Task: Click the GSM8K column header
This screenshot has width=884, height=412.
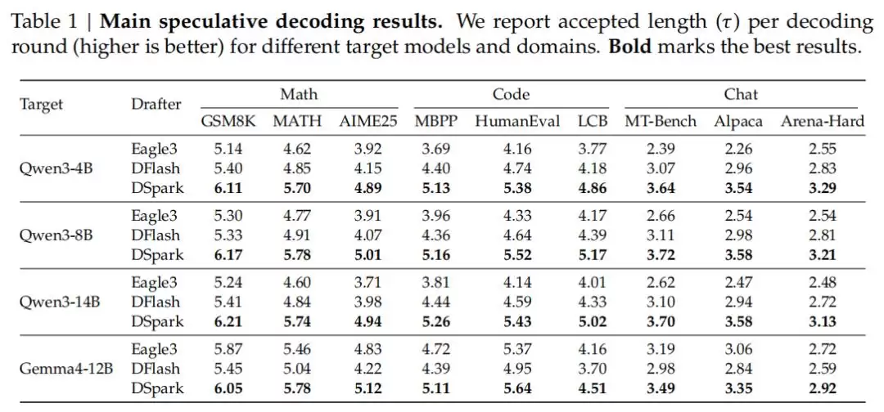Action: (x=228, y=122)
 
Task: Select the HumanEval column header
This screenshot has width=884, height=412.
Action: (x=517, y=122)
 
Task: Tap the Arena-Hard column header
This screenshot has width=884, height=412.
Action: (x=822, y=122)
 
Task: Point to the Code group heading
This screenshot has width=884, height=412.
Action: (x=511, y=94)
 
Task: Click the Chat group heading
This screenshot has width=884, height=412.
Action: (x=741, y=94)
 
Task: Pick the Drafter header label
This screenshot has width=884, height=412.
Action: (x=156, y=104)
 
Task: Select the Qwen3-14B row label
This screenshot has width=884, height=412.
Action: (x=60, y=302)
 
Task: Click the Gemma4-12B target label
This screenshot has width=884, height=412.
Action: (x=66, y=369)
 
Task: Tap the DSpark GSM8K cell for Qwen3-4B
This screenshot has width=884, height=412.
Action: (x=229, y=188)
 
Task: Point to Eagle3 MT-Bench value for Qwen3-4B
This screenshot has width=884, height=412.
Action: (x=660, y=149)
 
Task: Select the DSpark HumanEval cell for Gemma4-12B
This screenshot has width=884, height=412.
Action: (x=517, y=388)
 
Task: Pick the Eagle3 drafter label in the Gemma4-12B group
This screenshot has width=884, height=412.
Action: (x=154, y=350)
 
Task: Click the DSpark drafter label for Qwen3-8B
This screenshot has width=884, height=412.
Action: (x=157, y=255)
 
